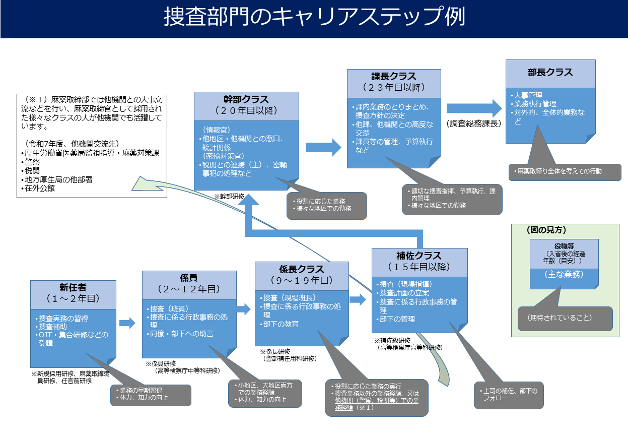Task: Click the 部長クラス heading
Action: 550,73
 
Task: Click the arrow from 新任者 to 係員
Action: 127,323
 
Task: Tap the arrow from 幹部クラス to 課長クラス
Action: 323,147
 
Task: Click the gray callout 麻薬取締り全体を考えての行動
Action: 564,171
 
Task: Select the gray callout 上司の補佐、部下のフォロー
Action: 509,394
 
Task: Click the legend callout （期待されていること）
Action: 565,318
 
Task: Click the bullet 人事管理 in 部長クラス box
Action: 527,95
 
